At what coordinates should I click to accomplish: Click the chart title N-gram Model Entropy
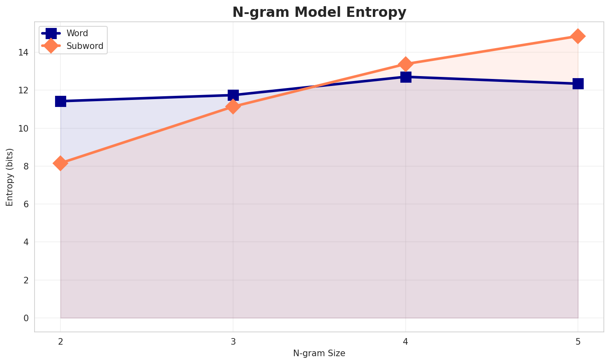pyautogui.click(x=319, y=12)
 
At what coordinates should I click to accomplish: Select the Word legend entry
pyautogui.click(x=77, y=33)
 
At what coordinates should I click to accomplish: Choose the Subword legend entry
pyautogui.click(x=85, y=46)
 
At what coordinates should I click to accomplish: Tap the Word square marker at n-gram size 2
pyautogui.click(x=60, y=101)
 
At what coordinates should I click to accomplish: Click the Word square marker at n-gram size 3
pyautogui.click(x=233, y=95)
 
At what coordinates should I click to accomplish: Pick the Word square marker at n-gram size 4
pyautogui.click(x=406, y=77)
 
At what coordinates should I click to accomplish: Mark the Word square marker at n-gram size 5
pyautogui.click(x=578, y=84)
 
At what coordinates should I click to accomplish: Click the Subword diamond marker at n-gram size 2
pyautogui.click(x=60, y=163)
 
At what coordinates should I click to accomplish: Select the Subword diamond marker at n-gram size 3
pyautogui.click(x=233, y=107)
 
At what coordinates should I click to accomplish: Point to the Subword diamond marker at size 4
pyautogui.click(x=406, y=64)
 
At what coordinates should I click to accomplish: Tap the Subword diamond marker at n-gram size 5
pyautogui.click(x=578, y=36)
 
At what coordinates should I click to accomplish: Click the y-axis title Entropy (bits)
pyautogui.click(x=9, y=177)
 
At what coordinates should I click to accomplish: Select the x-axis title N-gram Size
pyautogui.click(x=319, y=353)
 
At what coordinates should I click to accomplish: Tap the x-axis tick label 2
pyautogui.click(x=60, y=342)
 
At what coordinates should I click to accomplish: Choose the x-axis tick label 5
pyautogui.click(x=578, y=342)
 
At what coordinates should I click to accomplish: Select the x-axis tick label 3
pyautogui.click(x=233, y=342)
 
